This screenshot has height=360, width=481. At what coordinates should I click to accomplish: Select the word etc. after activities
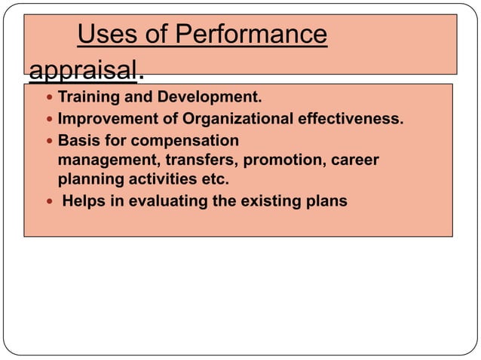tap(215, 181)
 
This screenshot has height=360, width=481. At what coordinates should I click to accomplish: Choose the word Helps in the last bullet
tap(84, 201)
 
